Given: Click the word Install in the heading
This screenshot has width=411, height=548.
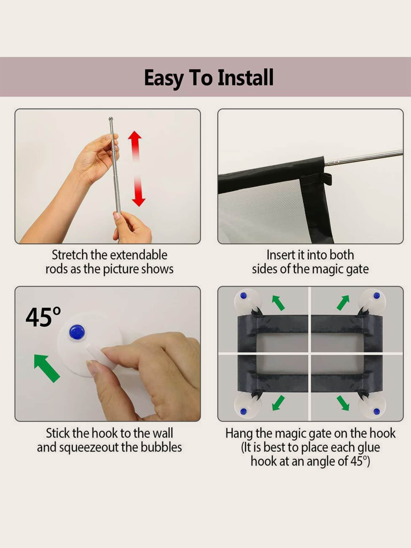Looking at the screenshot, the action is pyautogui.click(x=245, y=77).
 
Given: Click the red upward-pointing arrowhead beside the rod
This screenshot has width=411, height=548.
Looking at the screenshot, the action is pyautogui.click(x=135, y=138).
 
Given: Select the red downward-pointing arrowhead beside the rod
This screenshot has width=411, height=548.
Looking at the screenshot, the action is pyautogui.click(x=138, y=201).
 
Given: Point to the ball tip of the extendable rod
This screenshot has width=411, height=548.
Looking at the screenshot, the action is pyautogui.click(x=111, y=119).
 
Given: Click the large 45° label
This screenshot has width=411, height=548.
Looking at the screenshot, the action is pyautogui.click(x=43, y=317).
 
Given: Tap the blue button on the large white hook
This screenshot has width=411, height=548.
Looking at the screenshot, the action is pyautogui.click(x=77, y=332).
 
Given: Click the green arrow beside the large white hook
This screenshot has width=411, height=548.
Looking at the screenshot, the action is pyautogui.click(x=47, y=368).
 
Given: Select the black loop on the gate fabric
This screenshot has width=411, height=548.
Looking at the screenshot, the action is pyautogui.click(x=328, y=179).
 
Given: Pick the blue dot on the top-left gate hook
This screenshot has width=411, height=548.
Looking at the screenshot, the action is pyautogui.click(x=244, y=296).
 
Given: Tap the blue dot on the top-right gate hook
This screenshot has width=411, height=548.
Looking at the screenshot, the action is pyautogui.click(x=377, y=296).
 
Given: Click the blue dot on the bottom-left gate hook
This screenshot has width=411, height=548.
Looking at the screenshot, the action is pyautogui.click(x=244, y=411).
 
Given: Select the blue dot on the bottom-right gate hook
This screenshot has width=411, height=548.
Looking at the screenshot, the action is pyautogui.click(x=377, y=411).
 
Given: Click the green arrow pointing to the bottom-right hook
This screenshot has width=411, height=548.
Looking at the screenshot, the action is pyautogui.click(x=343, y=403).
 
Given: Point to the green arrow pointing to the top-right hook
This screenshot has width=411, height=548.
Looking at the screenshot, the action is pyautogui.click(x=343, y=302).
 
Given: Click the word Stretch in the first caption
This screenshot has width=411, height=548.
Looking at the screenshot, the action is pyautogui.click(x=70, y=255).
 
